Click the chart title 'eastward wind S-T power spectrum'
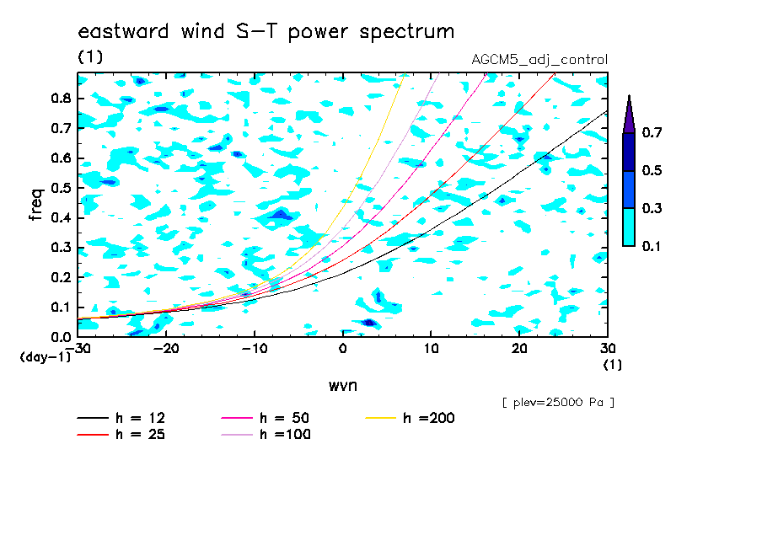click(266, 32)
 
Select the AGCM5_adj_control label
click(539, 60)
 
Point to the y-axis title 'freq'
click(36, 205)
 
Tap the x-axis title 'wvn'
click(342, 386)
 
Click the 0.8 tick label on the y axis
click(62, 98)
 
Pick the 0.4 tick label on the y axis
click(62, 217)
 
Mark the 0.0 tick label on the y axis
click(62, 337)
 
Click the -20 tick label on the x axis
click(166, 349)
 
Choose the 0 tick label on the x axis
click(342, 349)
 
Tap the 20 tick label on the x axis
click(519, 349)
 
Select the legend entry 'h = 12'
click(121, 418)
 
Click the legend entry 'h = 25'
click(121, 435)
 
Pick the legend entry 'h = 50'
click(266, 418)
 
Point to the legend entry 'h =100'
click(266, 435)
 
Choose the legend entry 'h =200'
click(411, 418)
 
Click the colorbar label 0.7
click(652, 132)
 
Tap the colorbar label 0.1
click(652, 246)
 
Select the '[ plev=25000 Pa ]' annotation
click(558, 403)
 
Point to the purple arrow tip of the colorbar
click(630, 95)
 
